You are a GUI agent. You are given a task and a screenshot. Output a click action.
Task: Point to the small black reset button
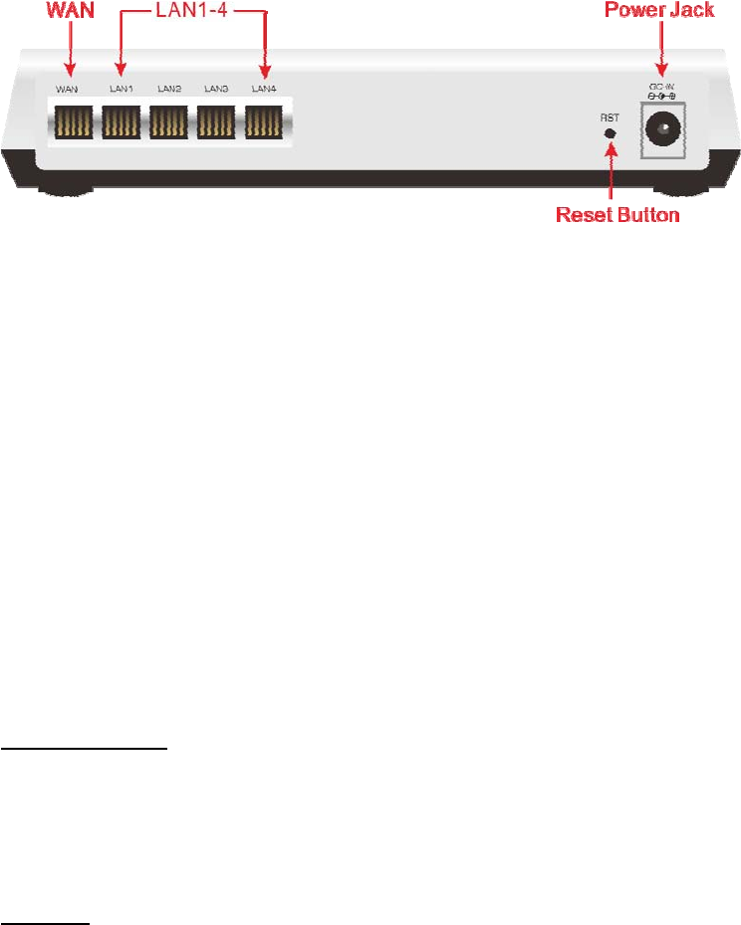point(610,132)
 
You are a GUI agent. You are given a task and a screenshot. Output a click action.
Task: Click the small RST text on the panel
point(610,117)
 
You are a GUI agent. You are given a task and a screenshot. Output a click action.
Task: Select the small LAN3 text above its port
point(216,90)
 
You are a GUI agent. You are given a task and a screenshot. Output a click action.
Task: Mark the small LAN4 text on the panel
point(264,90)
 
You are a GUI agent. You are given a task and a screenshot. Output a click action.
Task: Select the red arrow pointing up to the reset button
point(611,174)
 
